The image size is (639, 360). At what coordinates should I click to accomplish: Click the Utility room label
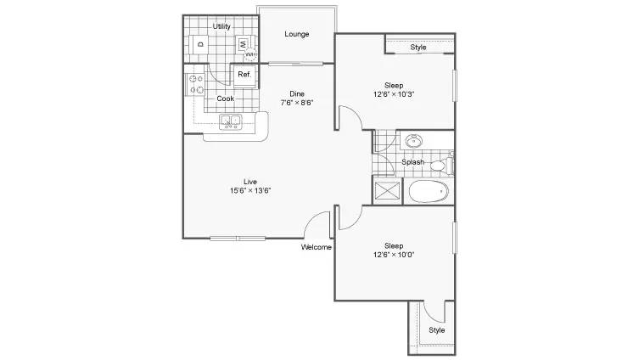221,26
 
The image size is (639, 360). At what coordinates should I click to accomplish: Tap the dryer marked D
200,44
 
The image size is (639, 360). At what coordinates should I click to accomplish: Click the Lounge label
297,34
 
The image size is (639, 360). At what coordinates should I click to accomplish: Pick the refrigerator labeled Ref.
244,76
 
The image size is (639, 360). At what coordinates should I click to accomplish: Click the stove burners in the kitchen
196,84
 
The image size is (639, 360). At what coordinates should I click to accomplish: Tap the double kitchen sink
230,122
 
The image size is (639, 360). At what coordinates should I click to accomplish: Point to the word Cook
226,98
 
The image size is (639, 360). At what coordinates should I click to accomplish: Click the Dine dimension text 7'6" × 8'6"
297,103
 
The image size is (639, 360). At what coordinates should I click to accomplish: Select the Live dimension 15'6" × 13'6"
250,190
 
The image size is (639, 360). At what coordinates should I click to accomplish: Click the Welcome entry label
317,247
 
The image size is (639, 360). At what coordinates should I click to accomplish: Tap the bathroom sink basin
413,141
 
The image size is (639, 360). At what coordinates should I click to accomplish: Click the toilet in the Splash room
442,165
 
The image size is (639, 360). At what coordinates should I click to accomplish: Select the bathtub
429,191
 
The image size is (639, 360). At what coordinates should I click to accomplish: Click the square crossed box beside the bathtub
386,191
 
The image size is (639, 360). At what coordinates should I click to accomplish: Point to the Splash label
412,162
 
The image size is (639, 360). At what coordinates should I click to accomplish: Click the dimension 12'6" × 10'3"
394,94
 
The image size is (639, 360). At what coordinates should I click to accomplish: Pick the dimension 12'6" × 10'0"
394,255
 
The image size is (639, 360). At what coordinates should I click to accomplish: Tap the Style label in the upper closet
418,48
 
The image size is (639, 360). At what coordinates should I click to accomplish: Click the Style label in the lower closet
436,329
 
